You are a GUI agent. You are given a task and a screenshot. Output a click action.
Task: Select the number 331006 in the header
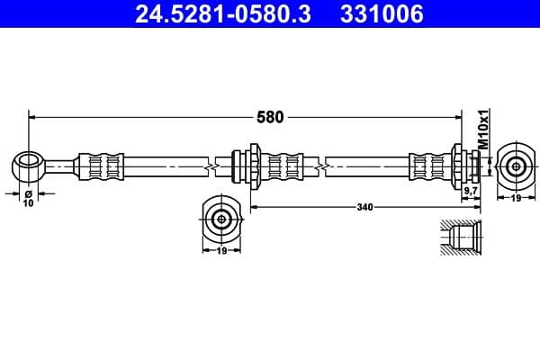(378, 14)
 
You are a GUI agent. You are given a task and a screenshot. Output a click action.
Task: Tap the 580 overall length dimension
(271, 116)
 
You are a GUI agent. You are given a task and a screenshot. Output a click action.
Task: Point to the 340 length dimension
(364, 207)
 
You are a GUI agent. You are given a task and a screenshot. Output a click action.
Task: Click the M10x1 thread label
(482, 129)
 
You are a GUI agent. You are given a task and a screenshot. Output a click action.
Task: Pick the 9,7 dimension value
(469, 192)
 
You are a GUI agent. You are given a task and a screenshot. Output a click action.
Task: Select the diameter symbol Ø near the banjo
(28, 193)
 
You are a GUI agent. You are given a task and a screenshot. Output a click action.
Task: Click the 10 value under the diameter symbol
(28, 203)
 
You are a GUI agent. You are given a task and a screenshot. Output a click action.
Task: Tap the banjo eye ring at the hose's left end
(29, 165)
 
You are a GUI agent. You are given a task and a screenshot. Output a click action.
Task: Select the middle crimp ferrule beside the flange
(285, 166)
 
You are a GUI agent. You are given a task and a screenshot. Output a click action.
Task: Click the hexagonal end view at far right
(515, 166)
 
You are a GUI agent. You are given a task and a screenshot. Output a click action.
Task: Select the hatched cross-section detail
(461, 238)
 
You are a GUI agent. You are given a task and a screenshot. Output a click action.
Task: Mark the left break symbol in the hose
(211, 166)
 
